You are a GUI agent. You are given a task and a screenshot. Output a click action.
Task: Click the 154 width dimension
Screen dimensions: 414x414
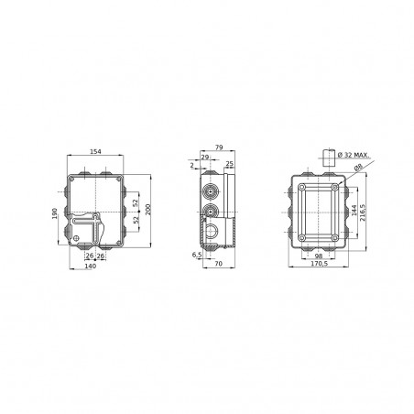click(94, 150)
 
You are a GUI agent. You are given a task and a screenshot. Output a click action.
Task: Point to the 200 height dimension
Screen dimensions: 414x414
click(147, 210)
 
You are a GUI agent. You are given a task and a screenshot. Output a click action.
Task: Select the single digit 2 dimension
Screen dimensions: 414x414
click(191, 166)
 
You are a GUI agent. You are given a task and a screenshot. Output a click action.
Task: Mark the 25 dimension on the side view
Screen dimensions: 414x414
click(229, 165)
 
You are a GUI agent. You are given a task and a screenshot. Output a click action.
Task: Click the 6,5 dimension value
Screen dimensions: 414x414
click(197, 255)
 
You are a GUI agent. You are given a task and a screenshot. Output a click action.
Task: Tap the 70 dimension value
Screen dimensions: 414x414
click(220, 264)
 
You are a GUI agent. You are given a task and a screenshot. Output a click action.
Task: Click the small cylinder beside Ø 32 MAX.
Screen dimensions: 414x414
click(327, 155)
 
